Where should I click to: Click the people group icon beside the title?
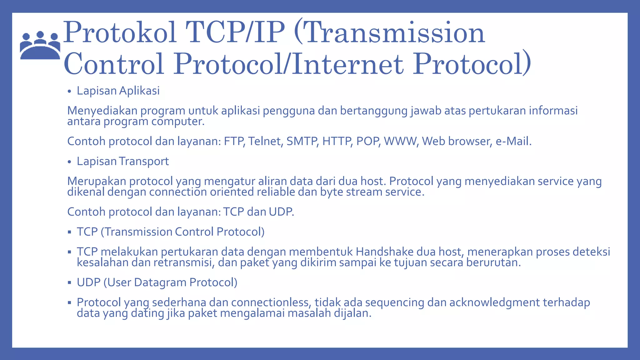[40, 45]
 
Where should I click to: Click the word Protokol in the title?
[120, 33]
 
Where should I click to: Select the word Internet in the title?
[347, 64]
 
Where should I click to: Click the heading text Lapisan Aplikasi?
[118, 91]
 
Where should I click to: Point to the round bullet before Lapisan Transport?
[69, 162]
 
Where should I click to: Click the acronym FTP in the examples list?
[234, 141]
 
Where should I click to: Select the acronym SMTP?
[302, 141]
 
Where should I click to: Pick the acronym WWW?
[401, 141]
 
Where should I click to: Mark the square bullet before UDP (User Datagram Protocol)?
[69, 283]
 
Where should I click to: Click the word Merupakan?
[97, 181]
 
